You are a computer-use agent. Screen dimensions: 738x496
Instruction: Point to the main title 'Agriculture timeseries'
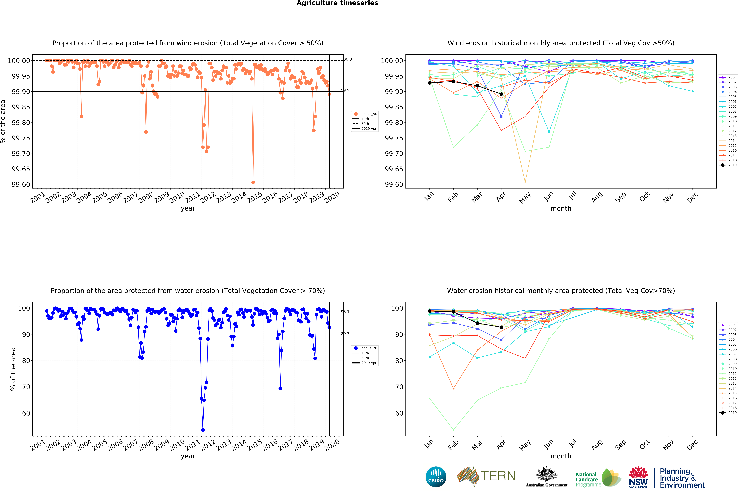pyautogui.click(x=337, y=3)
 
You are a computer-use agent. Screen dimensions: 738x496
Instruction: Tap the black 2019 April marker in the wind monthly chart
pyautogui.click(x=501, y=94)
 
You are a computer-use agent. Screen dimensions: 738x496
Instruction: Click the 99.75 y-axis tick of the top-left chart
pyautogui.click(x=21, y=138)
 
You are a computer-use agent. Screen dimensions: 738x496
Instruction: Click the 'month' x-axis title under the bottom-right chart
pyautogui.click(x=561, y=456)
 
